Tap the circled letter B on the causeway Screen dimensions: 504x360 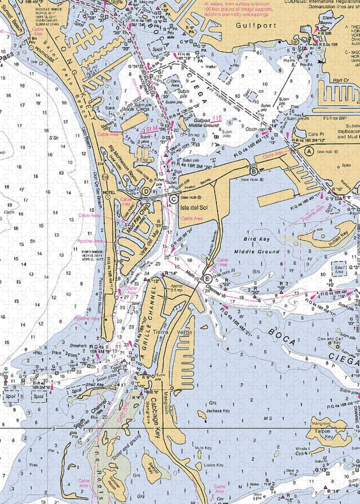coord(255,172)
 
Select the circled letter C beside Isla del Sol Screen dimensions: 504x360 coord(173,199)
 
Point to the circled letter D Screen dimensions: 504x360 coord(145,191)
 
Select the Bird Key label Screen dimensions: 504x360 coord(256,239)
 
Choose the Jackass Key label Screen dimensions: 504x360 coord(218,411)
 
